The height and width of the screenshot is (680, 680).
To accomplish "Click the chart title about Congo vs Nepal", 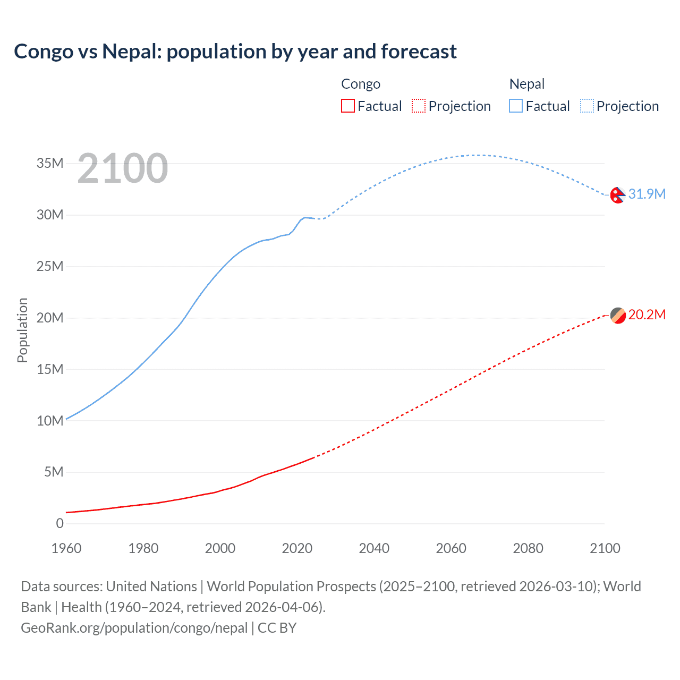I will tap(235, 52).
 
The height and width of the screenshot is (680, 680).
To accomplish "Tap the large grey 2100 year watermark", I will tap(123, 168).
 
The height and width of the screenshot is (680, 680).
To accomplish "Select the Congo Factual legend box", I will tap(348, 106).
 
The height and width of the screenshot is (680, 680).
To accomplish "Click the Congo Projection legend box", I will tap(419, 106).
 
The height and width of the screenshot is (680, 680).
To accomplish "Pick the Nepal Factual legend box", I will tap(516, 106).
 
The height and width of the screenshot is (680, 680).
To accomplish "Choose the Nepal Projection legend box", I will tap(587, 106).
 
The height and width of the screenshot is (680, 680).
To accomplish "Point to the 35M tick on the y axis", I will tap(50, 163).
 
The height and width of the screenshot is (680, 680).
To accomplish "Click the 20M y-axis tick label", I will tap(50, 318).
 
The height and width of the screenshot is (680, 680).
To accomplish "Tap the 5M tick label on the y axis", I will tap(54, 472).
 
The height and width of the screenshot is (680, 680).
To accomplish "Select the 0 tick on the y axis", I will tap(59, 523).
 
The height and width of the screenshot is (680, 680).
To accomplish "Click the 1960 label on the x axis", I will tap(66, 548).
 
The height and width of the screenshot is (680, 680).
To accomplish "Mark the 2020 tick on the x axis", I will tap(297, 548).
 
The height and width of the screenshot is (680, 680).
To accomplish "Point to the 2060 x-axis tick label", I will tap(451, 548).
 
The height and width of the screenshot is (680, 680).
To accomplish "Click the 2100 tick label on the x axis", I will tap(605, 548).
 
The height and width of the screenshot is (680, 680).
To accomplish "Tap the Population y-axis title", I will tap(22, 330).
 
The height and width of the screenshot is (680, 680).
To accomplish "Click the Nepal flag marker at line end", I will tap(617, 195).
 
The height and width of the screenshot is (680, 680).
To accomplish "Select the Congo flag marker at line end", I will tap(618, 316).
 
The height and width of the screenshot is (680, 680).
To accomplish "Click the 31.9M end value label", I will tap(647, 194).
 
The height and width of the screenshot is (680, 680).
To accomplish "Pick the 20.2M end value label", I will tap(647, 314).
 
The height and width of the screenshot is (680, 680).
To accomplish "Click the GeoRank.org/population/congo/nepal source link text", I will tap(134, 628).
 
